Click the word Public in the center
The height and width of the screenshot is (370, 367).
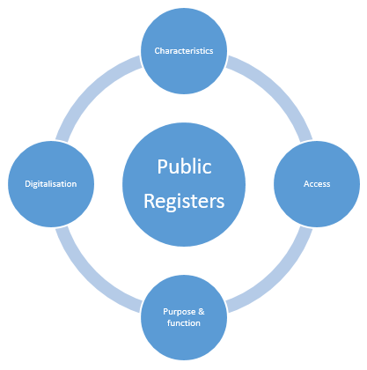(x=184, y=166)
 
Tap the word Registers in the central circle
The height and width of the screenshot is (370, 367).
(x=184, y=202)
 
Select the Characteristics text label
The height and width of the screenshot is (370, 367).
(x=184, y=51)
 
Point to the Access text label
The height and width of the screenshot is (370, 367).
(x=317, y=184)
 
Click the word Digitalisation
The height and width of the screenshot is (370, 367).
(x=51, y=184)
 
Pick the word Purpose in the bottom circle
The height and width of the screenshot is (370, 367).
(x=180, y=312)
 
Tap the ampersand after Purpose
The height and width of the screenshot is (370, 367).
(x=202, y=311)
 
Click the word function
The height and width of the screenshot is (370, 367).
(x=184, y=323)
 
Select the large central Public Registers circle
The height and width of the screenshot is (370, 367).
(x=184, y=184)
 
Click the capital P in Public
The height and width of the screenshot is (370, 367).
(x=163, y=166)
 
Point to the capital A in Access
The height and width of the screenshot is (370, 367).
(x=306, y=184)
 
